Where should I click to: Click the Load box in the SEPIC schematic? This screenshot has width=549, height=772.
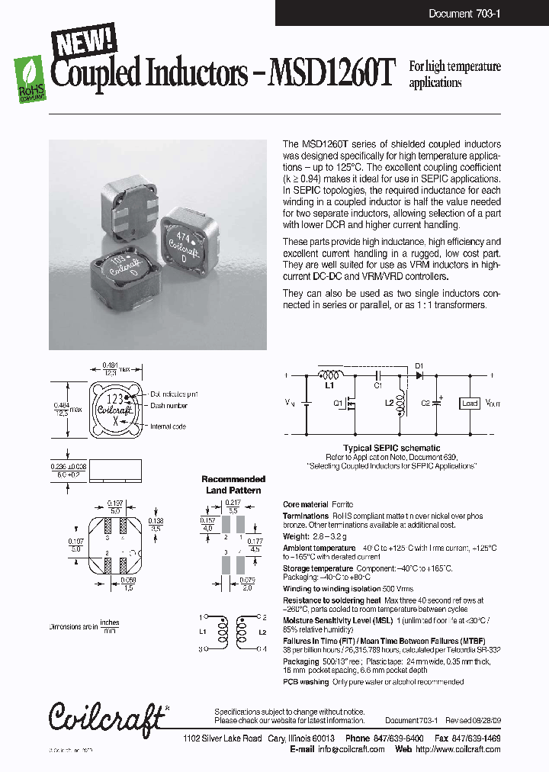click(x=470, y=403)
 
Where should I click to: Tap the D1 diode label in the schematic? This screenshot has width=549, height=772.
click(x=419, y=366)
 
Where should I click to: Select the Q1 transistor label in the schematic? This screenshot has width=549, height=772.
click(x=339, y=405)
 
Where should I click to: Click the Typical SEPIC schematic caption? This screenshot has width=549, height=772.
click(x=391, y=448)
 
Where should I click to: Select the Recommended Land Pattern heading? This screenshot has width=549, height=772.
click(x=233, y=484)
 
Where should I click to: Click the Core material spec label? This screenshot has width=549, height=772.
click(x=306, y=505)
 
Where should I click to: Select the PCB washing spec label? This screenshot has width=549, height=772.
click(x=306, y=682)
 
